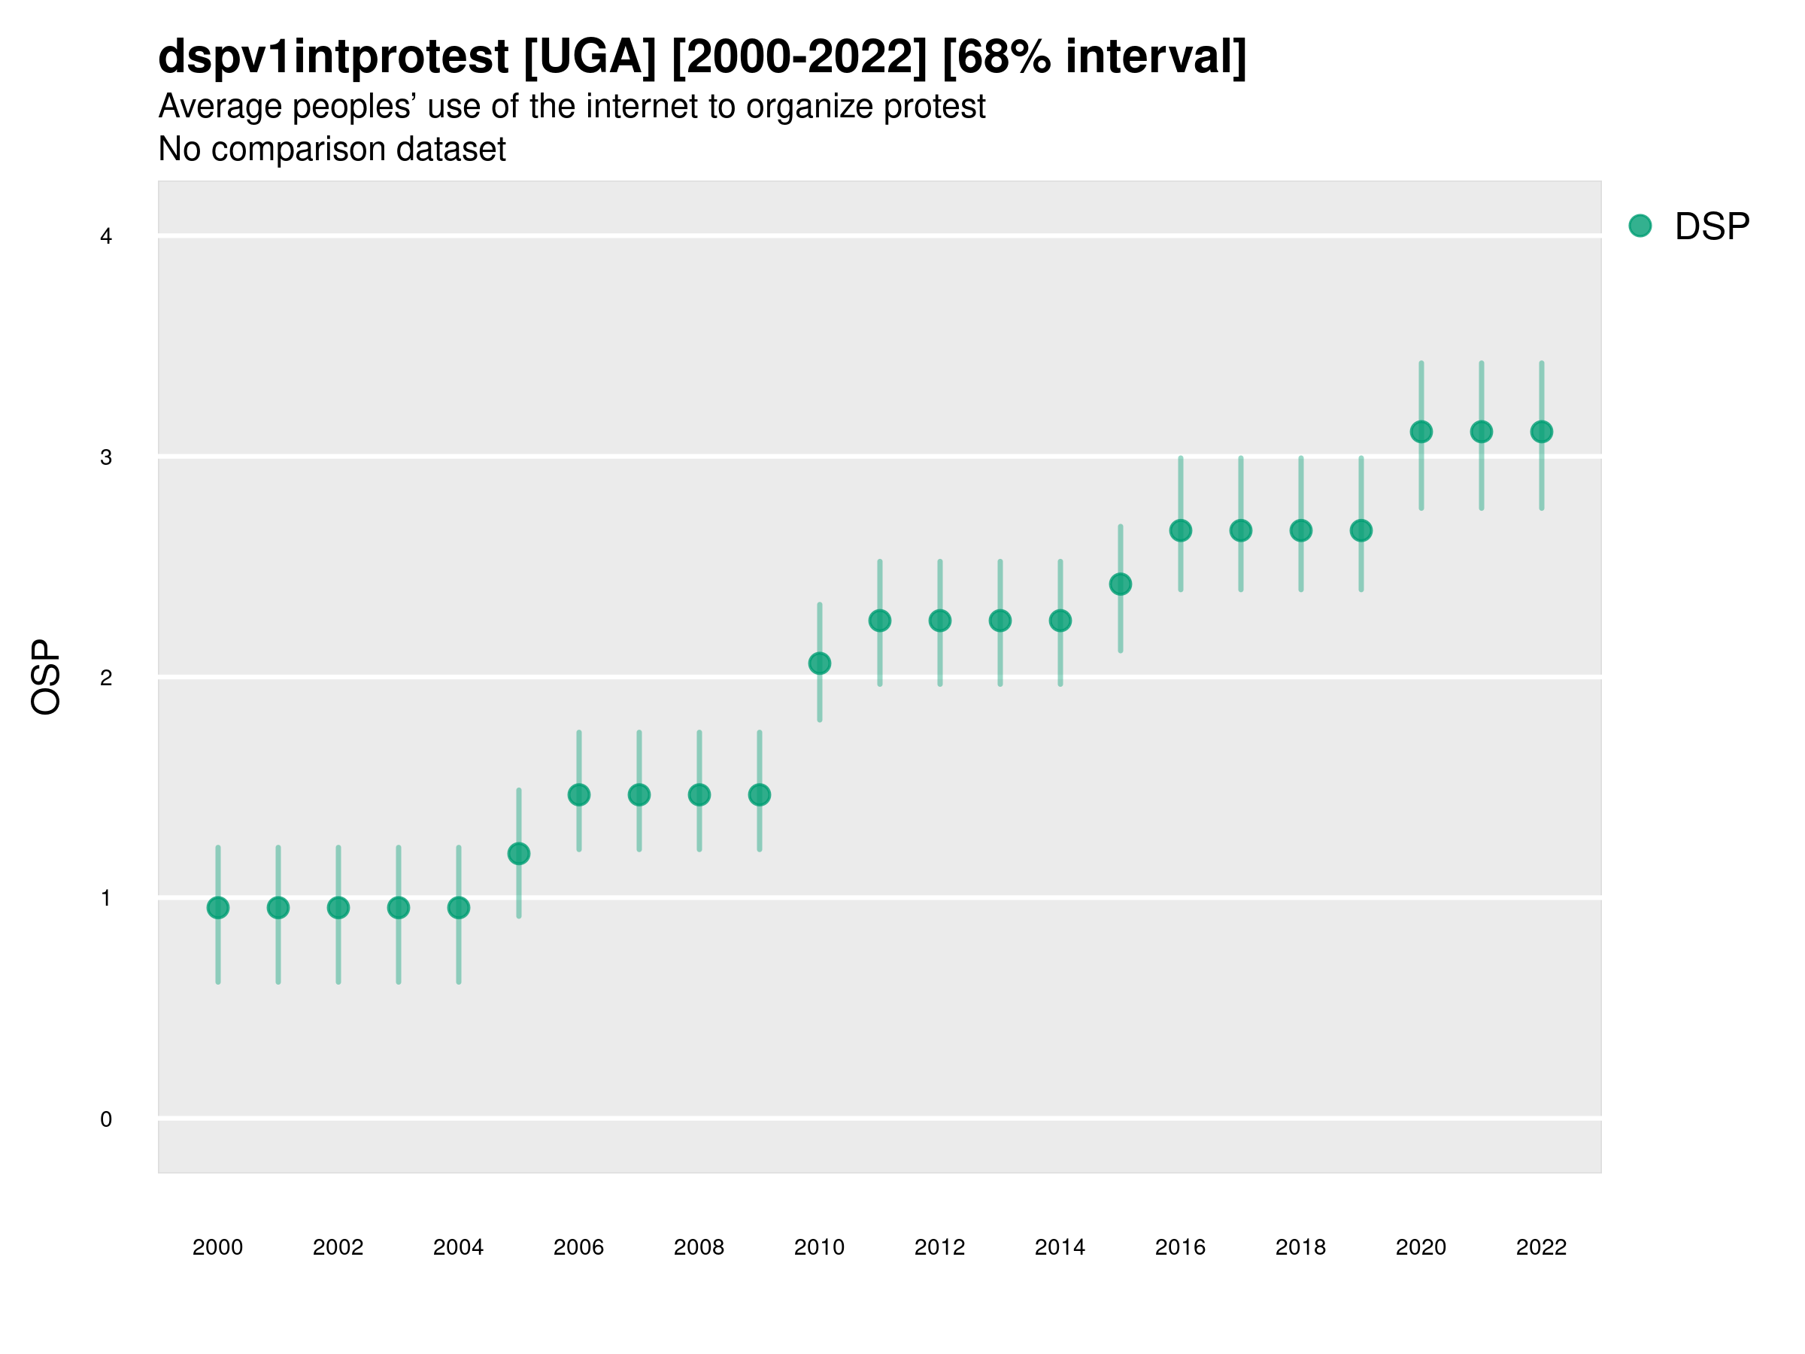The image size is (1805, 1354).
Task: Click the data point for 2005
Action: (x=519, y=854)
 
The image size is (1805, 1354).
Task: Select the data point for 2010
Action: (x=819, y=663)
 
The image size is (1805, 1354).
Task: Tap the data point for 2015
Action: (x=1121, y=584)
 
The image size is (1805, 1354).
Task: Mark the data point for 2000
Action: (x=218, y=908)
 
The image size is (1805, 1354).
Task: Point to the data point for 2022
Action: (x=1542, y=432)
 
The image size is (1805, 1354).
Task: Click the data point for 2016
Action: (x=1181, y=530)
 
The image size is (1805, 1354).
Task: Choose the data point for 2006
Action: (x=578, y=795)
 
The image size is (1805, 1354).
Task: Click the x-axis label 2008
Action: (x=699, y=1247)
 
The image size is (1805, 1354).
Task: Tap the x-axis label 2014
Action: (x=1060, y=1247)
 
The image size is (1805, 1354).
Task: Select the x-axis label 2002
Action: (x=338, y=1247)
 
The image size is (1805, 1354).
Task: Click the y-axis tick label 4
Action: (x=106, y=237)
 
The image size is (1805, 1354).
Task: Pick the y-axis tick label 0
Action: (x=106, y=1119)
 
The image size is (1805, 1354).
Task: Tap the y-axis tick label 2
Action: (x=106, y=678)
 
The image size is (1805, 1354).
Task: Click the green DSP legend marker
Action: (x=1640, y=226)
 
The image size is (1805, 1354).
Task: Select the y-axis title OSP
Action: (x=46, y=678)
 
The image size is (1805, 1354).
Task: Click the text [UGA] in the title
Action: (x=589, y=57)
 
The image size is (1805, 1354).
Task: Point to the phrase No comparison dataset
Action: (x=332, y=150)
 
